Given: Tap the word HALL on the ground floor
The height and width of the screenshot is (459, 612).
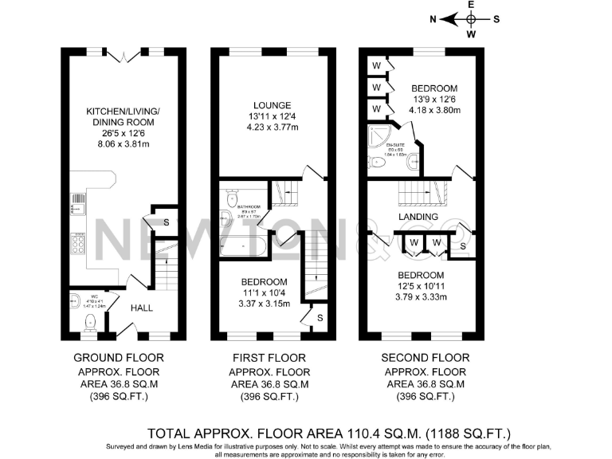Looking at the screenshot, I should (x=142, y=308).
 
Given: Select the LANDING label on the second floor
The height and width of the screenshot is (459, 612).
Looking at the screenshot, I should (x=418, y=217).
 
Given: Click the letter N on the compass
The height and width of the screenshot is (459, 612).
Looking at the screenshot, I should (x=433, y=19).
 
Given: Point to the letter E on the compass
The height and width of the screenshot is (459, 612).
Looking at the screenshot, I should (x=471, y=5).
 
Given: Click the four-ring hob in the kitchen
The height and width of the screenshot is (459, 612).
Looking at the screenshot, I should (x=79, y=242).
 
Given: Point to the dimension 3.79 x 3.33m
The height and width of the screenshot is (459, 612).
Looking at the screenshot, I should (x=422, y=296).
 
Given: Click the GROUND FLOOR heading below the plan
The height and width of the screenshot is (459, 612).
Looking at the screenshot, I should (x=119, y=358).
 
